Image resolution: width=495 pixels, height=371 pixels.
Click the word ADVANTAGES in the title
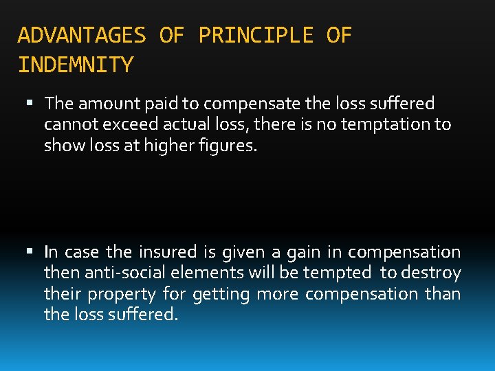pyautogui.click(x=82, y=35)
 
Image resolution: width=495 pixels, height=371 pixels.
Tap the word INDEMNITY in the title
pyautogui.click(x=76, y=65)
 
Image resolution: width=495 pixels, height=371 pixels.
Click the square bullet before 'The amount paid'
pyautogui.click(x=28, y=104)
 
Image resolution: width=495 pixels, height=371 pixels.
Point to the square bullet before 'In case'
pyautogui.click(x=28, y=252)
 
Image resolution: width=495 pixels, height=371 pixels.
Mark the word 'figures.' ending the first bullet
pyautogui.click(x=232, y=146)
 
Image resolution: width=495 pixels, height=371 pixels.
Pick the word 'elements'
pyautogui.click(x=197, y=273)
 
